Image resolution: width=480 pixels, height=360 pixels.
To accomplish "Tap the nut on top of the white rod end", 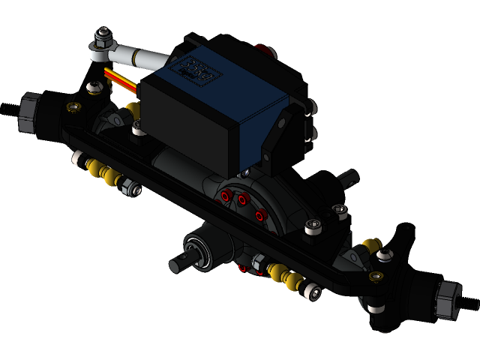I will click(x=103, y=34).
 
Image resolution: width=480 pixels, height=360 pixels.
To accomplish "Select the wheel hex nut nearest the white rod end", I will click(x=28, y=112).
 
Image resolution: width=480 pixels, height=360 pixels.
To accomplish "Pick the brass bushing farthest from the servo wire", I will click(x=375, y=277).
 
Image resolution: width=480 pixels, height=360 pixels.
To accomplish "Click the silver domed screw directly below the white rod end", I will click(x=94, y=88).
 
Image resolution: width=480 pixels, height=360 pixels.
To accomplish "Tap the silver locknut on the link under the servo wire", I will click(x=131, y=189).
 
